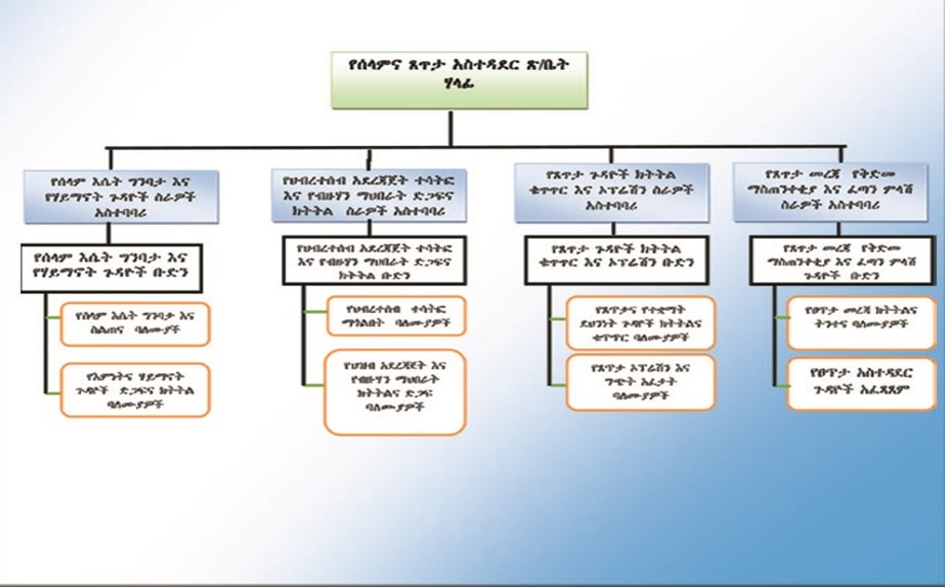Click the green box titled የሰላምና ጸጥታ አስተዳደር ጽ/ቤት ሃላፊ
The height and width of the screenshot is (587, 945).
pyautogui.click(x=459, y=79)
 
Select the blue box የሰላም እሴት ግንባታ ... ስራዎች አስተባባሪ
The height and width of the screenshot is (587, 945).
pyautogui.click(x=123, y=195)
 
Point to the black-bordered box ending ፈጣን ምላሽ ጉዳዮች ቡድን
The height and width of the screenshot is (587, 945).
pyautogui.click(x=840, y=259)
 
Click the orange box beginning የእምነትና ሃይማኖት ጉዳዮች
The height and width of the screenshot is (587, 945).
pyautogui.click(x=135, y=389)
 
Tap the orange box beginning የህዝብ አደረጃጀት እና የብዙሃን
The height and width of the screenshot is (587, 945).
pyautogui.click(x=395, y=395)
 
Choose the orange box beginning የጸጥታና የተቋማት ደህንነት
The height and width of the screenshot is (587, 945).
pyautogui.click(x=641, y=323)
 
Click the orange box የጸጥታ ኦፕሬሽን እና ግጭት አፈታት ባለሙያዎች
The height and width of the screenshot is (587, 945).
pyautogui.click(x=641, y=382)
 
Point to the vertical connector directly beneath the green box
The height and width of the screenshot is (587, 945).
pyautogui.click(x=452, y=128)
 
